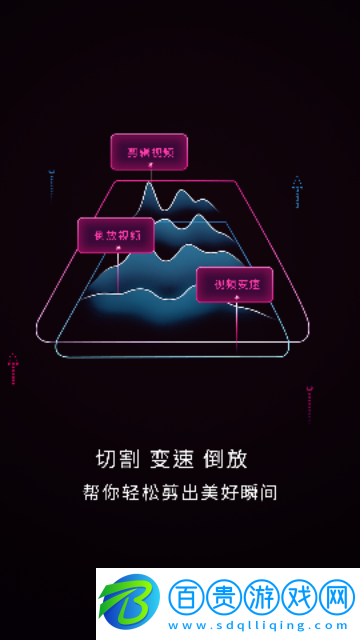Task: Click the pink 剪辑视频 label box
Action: [x=149, y=151]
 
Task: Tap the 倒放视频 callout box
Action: [x=116, y=235]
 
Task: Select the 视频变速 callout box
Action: [x=234, y=285]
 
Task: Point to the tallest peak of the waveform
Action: [x=148, y=187]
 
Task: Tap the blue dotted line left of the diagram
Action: [x=51, y=186]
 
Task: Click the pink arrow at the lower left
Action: [x=13, y=367]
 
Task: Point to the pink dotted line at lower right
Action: [x=309, y=403]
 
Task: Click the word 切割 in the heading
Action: [x=116, y=459]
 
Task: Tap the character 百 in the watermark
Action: [x=187, y=597]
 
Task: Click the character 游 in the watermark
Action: [x=262, y=597]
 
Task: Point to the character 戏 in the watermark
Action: [x=299, y=597]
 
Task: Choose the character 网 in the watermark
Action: [x=337, y=597]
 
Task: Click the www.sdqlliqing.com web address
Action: [x=261, y=624]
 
